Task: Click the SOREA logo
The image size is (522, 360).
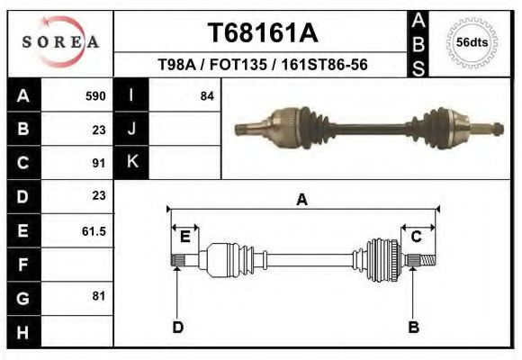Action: click(x=60, y=42)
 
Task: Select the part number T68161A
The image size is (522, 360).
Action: click(x=262, y=32)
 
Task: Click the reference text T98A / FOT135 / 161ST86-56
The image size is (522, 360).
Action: click(x=262, y=65)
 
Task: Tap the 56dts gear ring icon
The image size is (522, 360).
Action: click(x=472, y=42)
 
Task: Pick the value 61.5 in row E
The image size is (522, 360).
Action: click(x=94, y=231)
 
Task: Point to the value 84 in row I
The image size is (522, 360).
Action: click(x=207, y=95)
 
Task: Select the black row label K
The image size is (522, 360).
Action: click(x=131, y=163)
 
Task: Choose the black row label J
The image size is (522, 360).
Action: click(x=131, y=129)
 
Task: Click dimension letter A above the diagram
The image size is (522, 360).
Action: click(x=301, y=200)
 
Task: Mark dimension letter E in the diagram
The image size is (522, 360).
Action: click(x=184, y=237)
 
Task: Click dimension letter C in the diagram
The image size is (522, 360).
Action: click(x=417, y=237)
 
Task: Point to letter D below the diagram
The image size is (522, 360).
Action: click(x=177, y=327)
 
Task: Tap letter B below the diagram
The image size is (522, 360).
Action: click(x=413, y=327)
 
